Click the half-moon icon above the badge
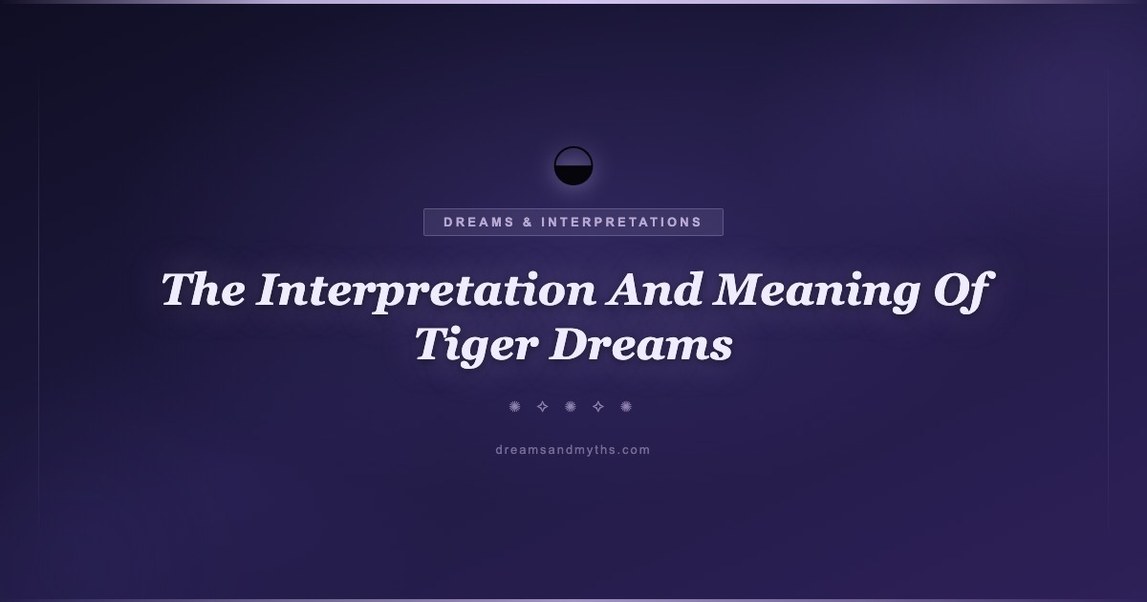coord(573,166)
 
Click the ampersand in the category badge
coord(528,222)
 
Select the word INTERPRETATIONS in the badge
coord(621,222)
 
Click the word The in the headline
coord(204,290)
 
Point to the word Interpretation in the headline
coord(426,291)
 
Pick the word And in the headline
coord(654,290)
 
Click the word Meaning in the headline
coord(815,291)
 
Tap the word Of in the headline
coord(963,291)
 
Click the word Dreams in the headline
coord(641,344)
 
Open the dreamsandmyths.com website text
coord(573,450)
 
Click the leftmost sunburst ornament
coord(514,406)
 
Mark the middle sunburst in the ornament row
coord(570,406)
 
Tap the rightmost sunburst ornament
coord(626,406)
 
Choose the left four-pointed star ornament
coord(542,406)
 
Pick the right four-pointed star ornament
coord(598,406)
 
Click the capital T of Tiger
coord(435,344)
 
